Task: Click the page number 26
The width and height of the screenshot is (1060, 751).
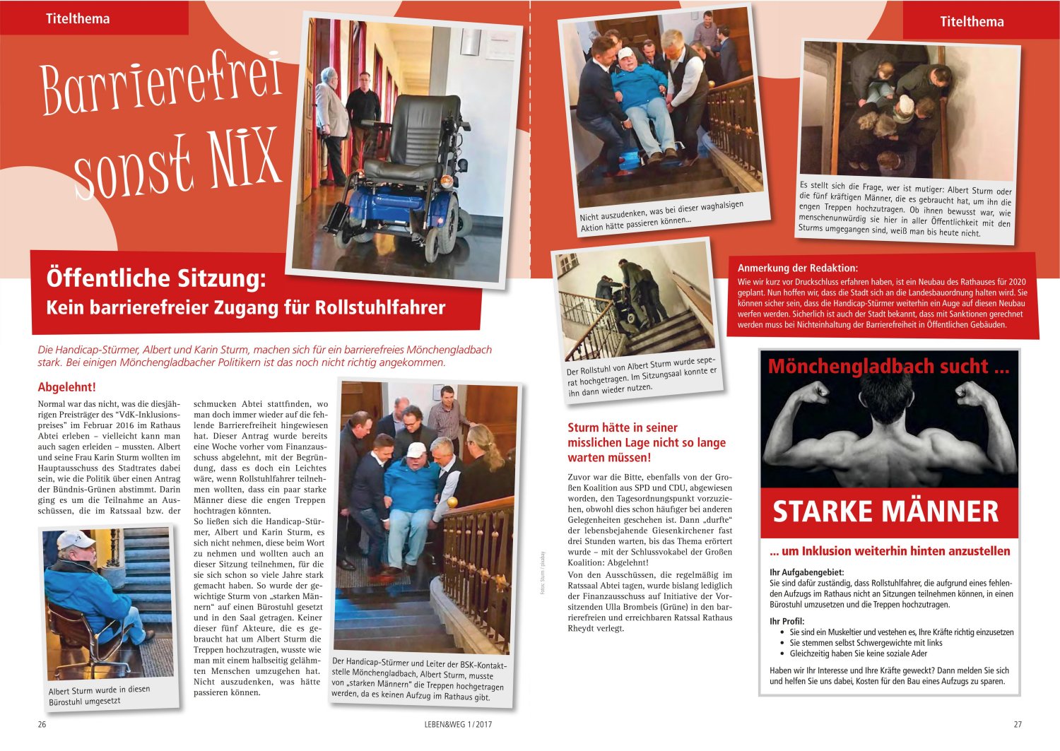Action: click(x=42, y=724)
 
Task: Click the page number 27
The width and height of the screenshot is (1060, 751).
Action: click(x=1018, y=724)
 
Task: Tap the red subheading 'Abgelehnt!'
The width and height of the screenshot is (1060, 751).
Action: click(x=66, y=387)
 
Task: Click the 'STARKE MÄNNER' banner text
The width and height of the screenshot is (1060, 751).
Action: click(x=885, y=511)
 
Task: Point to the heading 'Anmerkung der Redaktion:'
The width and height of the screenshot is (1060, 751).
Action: click(x=797, y=268)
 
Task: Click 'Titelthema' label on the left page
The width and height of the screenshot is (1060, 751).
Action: click(x=78, y=19)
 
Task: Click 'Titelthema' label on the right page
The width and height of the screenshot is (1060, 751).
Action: click(x=972, y=22)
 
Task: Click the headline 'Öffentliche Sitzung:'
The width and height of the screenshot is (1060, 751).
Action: click(x=156, y=278)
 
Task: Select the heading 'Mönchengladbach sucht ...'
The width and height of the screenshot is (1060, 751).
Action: click(x=888, y=366)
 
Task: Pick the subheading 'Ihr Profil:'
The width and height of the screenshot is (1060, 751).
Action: click(x=787, y=621)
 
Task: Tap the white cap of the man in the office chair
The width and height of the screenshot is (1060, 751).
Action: click(x=75, y=540)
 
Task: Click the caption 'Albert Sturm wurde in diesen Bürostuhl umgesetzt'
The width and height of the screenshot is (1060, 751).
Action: click(x=99, y=695)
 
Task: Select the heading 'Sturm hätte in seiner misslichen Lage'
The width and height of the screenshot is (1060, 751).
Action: click(x=646, y=442)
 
